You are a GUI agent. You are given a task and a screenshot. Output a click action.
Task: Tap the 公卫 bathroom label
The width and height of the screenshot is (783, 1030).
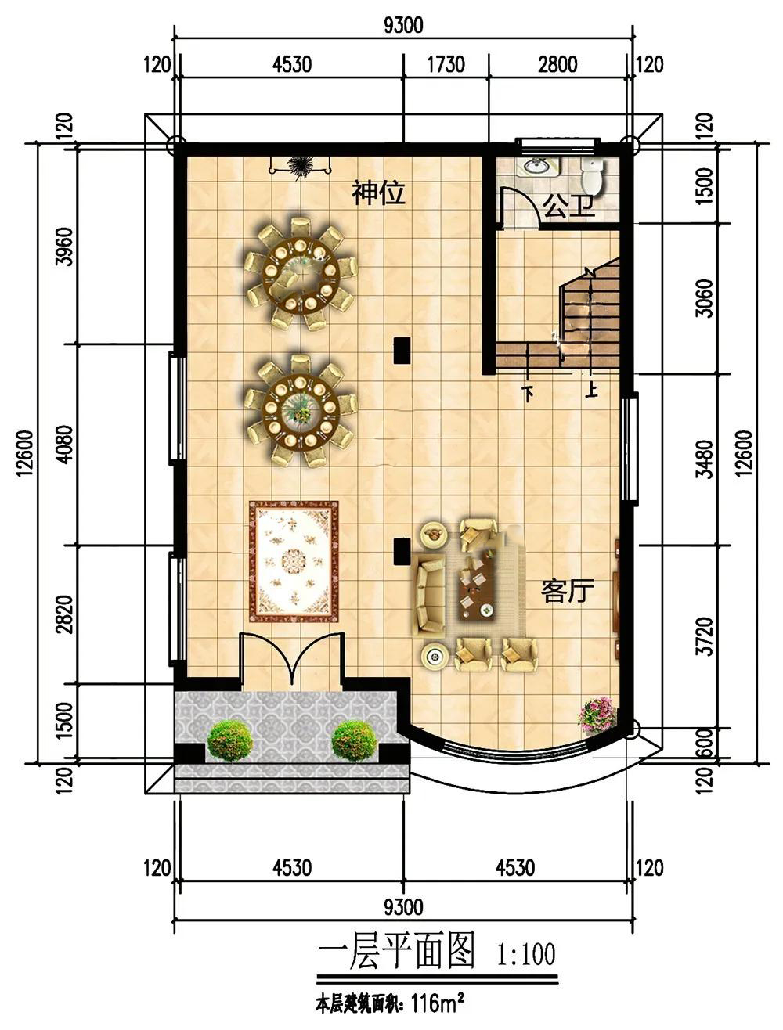(568, 206)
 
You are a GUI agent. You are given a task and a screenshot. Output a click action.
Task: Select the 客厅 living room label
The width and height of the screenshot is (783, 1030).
(568, 591)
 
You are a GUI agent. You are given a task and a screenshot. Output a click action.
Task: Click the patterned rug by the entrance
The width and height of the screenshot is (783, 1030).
(294, 562)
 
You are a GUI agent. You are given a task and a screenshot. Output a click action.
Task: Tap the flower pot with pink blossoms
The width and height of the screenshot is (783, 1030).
(597, 715)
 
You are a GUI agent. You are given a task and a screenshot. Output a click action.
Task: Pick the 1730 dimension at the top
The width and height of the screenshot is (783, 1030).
(446, 64)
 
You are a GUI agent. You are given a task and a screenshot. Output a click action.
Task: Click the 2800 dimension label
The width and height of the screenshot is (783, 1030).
(557, 64)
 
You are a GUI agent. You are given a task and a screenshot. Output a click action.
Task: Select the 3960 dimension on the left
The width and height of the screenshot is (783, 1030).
(65, 247)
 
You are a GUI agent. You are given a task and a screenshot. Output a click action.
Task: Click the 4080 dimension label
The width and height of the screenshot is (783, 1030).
(65, 444)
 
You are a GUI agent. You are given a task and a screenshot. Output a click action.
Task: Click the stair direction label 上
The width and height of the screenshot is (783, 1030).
(591, 390)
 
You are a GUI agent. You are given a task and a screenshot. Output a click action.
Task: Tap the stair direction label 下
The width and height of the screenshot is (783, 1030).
(529, 393)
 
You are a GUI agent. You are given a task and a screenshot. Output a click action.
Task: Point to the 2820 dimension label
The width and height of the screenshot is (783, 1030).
(65, 614)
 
